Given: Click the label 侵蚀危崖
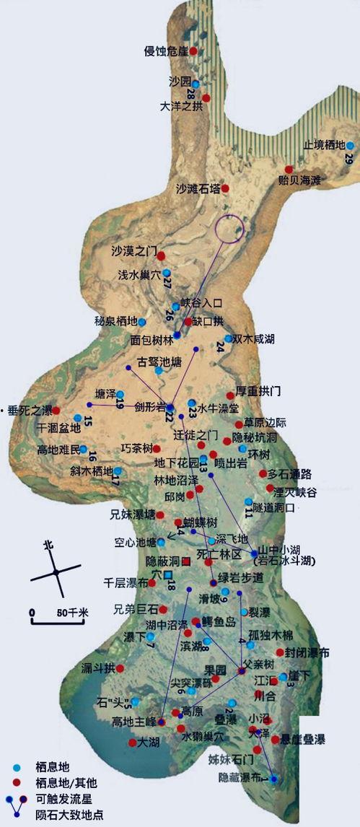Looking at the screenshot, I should click(x=166, y=51).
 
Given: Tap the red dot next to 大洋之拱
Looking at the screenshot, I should click(x=206, y=97).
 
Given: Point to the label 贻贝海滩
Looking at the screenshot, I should click(x=299, y=180).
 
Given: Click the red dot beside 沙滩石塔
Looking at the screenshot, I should click(x=225, y=188).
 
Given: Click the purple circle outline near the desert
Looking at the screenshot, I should click(x=230, y=229).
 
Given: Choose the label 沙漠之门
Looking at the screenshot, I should click(x=134, y=252).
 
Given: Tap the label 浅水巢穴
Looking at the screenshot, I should click(x=139, y=276).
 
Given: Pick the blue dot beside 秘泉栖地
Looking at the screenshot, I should click(x=142, y=322).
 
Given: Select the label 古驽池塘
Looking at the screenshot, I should click(x=159, y=359).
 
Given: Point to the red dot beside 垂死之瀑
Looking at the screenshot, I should click(x=56, y=411).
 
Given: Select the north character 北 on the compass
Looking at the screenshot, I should click(x=48, y=545).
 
